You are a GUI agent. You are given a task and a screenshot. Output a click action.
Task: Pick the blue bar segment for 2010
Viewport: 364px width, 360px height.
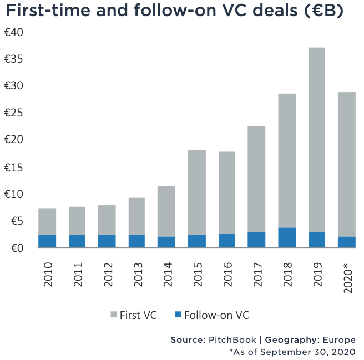(48, 241)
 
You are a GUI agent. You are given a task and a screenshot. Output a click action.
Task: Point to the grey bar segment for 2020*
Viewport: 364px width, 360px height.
(346, 164)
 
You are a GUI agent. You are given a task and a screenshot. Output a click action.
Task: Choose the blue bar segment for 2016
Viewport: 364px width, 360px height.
(226, 240)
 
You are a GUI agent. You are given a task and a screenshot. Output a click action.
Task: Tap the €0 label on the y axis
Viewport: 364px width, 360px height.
(14, 248)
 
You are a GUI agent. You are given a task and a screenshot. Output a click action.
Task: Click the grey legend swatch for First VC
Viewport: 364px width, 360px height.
(114, 315)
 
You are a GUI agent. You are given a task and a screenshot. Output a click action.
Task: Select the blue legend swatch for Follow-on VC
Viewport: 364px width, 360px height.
(178, 315)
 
